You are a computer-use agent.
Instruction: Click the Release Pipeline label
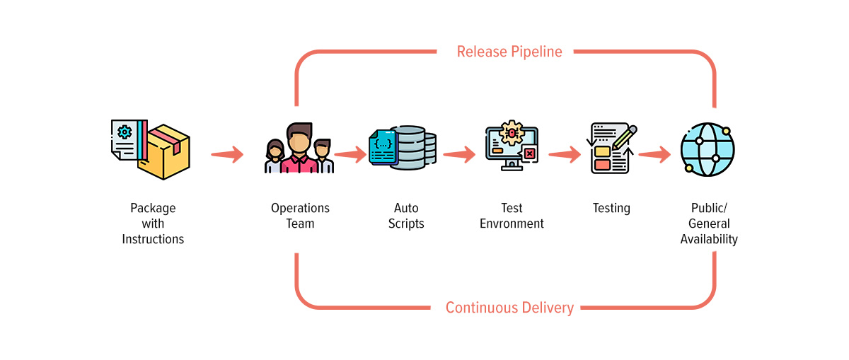pyautogui.click(x=509, y=52)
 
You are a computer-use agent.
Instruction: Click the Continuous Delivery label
pyautogui.click(x=509, y=308)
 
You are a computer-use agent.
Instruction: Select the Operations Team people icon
pyautogui.click(x=299, y=149)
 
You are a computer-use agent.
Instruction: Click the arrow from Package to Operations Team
pyautogui.click(x=227, y=153)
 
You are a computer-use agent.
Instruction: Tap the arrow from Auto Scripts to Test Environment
pyautogui.click(x=459, y=153)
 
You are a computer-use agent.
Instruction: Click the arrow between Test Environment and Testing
pyautogui.click(x=565, y=153)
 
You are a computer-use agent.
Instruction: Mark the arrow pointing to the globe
pyautogui.click(x=654, y=153)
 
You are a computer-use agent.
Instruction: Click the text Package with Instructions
pyautogui.click(x=153, y=223)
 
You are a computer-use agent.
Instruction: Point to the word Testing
pyautogui.click(x=611, y=208)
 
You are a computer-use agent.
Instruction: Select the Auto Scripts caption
pyautogui.click(x=406, y=216)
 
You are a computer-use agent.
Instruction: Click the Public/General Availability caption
pyautogui.click(x=709, y=223)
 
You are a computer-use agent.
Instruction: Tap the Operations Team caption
pyautogui.click(x=301, y=216)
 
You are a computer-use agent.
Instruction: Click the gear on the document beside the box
pyautogui.click(x=125, y=132)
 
